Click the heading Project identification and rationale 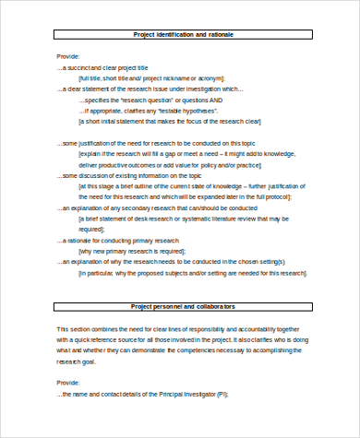coord(182,35)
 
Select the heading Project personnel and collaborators coord(182,306)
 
